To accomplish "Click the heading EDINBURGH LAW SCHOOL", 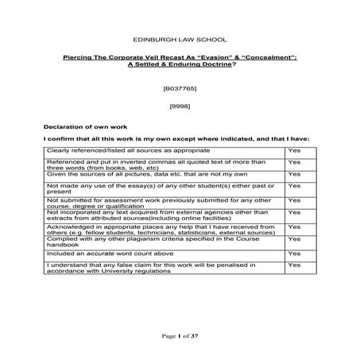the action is click(180, 39).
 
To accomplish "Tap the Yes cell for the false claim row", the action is click(294, 265).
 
